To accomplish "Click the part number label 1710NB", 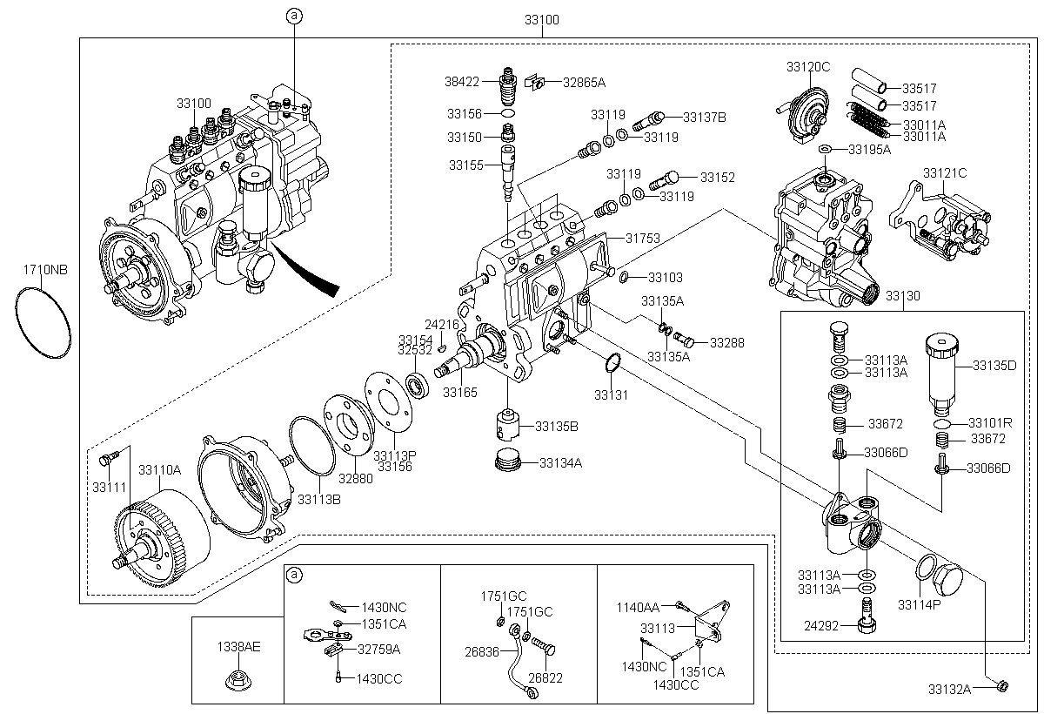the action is point(45,270).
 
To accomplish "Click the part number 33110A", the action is point(159,469).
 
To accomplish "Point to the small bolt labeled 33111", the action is point(106,460).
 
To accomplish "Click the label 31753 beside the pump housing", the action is point(643,239).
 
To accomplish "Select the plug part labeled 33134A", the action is point(506,461).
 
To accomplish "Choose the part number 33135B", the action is point(557,427).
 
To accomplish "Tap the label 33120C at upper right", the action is point(808,67).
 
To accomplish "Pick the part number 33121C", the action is point(945,173).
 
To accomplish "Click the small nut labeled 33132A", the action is point(1003,686).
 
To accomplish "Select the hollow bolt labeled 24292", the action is point(866,616).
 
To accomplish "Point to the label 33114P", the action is point(920,605).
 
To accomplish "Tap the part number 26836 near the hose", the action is point(482,651).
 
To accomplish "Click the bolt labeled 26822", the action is point(543,647).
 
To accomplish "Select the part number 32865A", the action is point(584,83).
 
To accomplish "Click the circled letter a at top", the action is point(294,16).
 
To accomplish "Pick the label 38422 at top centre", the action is point(462,82).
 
